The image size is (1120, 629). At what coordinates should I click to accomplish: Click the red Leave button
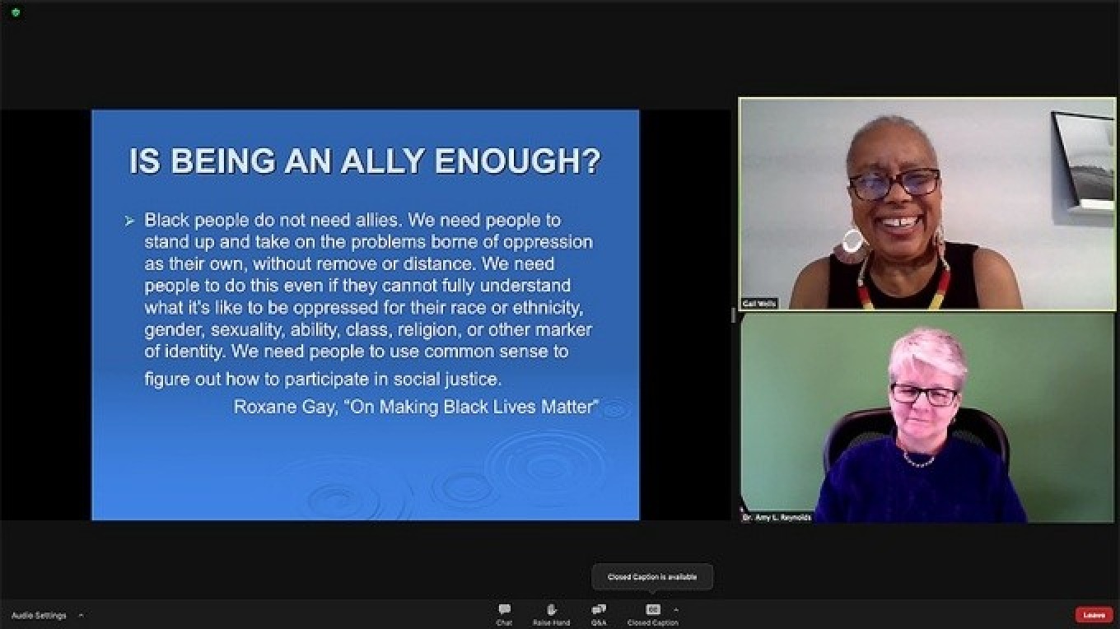(x=1094, y=614)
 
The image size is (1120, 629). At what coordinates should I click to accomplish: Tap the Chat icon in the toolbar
(x=504, y=609)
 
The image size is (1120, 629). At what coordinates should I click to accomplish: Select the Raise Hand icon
(x=551, y=609)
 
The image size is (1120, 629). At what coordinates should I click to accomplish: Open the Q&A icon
(x=599, y=609)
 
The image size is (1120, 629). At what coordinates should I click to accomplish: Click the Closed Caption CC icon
(x=653, y=609)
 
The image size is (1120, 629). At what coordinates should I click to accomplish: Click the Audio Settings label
(x=39, y=615)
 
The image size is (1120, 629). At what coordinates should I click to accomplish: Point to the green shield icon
(x=15, y=12)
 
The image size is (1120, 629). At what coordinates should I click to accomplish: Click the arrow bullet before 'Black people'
(x=129, y=221)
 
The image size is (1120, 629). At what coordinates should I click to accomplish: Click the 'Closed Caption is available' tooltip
(x=652, y=577)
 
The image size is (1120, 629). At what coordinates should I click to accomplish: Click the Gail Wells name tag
(x=759, y=303)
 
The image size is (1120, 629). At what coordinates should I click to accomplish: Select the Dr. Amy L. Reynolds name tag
(x=777, y=517)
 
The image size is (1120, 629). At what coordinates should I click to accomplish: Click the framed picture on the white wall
(x=1083, y=161)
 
